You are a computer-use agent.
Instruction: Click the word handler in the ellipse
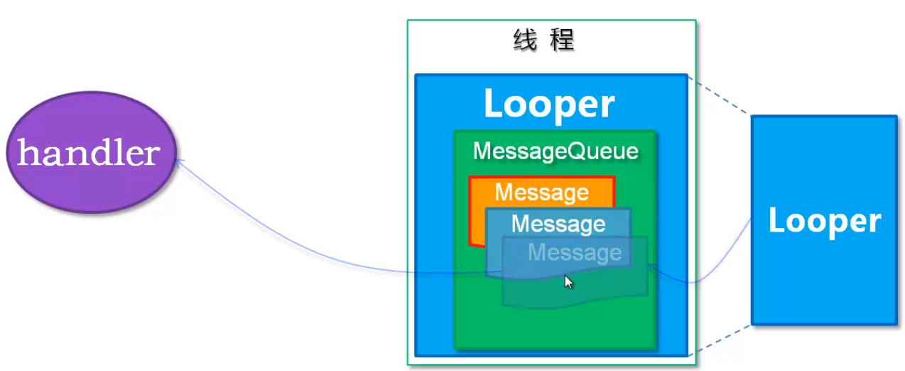click(88, 153)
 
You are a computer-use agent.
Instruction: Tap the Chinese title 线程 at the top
click(543, 41)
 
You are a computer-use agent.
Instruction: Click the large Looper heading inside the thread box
click(548, 104)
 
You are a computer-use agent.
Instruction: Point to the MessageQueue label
click(556, 151)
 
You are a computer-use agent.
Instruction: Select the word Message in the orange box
click(541, 192)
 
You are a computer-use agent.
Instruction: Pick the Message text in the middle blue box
click(558, 224)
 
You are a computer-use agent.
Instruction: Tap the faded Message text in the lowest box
click(575, 252)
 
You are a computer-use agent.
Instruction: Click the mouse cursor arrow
click(568, 281)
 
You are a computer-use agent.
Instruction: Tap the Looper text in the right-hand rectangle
click(824, 221)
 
